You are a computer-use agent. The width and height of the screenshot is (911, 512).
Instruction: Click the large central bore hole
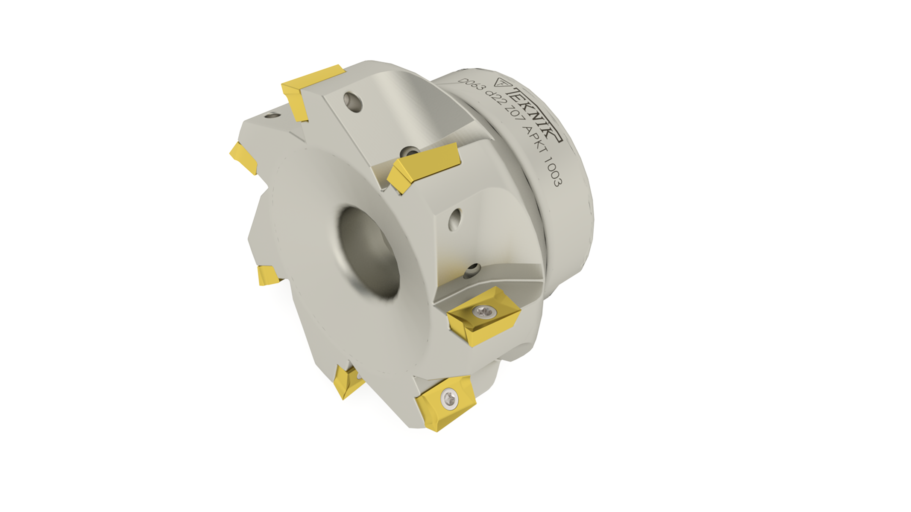pyautogui.click(x=368, y=252)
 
